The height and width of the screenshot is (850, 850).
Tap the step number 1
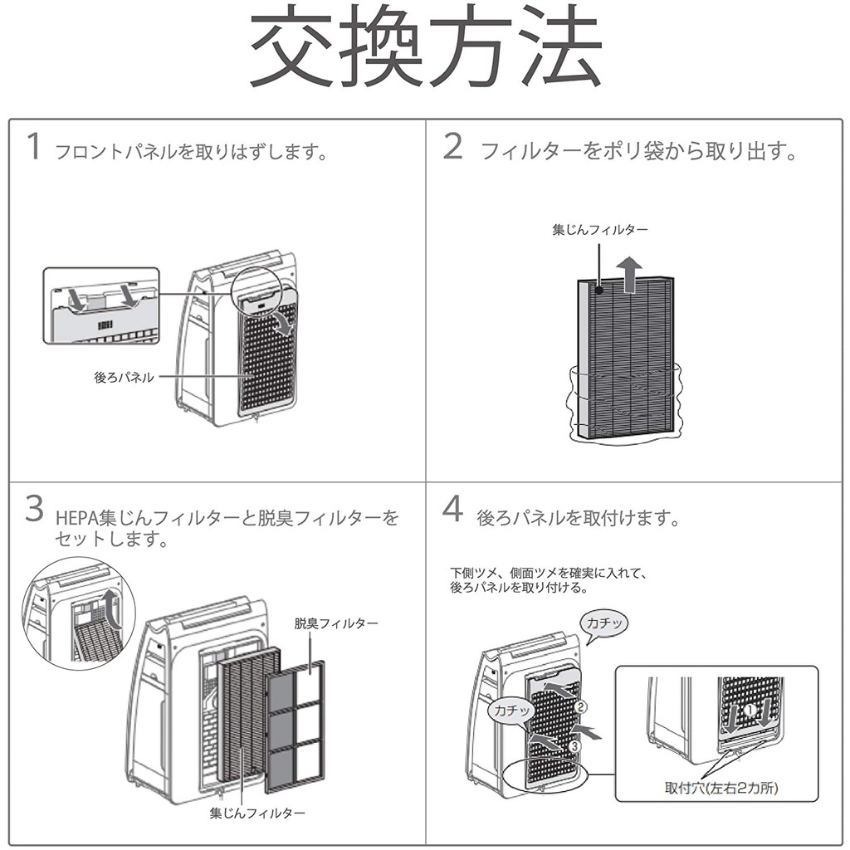coord(33,146)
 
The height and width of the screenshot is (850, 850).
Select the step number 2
coord(452,146)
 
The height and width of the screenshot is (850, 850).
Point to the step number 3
coord(33,509)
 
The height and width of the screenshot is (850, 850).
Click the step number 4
coord(452,509)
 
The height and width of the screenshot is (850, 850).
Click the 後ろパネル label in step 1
coord(124,377)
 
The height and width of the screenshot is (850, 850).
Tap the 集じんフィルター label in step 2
coord(600,228)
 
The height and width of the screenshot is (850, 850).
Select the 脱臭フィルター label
coord(336,623)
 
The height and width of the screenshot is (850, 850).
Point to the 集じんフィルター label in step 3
coord(257,812)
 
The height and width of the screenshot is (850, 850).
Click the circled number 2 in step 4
coord(582,708)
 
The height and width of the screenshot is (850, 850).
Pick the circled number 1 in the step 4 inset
coord(748,711)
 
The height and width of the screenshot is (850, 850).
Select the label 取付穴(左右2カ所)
coord(722,787)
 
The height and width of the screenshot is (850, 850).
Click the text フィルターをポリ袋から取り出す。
coord(639,151)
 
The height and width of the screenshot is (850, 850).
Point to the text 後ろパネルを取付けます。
coord(579,519)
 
